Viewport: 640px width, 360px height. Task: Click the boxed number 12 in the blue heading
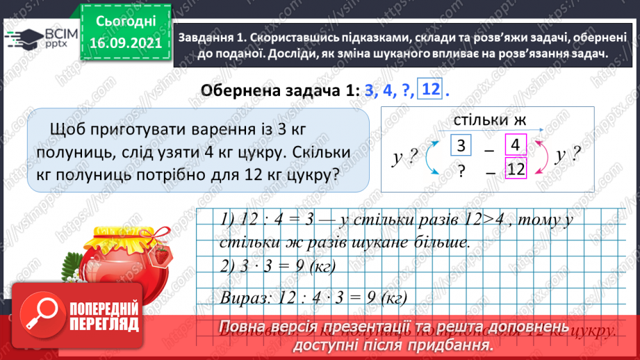[430, 90]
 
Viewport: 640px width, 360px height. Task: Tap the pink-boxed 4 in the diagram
[515, 145]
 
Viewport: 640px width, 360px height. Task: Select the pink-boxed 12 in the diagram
[514, 168]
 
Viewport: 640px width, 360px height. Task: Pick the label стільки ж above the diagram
[489, 120]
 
